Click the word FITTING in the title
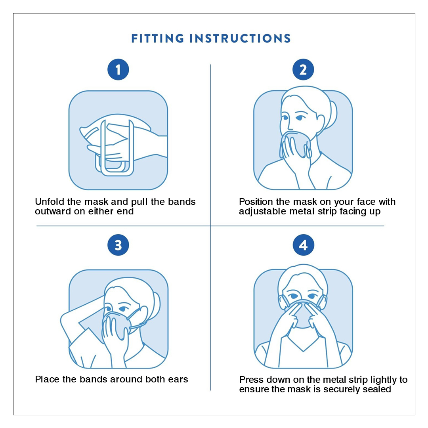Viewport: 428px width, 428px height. [158, 38]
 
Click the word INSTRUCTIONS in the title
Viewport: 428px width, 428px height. [240, 38]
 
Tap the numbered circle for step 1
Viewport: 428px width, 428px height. [118, 70]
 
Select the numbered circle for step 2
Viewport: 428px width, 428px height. [303, 70]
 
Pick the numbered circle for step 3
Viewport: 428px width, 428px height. [118, 245]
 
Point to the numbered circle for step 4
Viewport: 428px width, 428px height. [304, 245]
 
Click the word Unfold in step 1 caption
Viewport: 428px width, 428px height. [50, 202]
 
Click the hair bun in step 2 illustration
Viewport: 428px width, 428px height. [332, 115]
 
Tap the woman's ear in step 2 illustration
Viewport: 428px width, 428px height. [321, 123]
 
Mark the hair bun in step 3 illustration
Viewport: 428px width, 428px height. [156, 304]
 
